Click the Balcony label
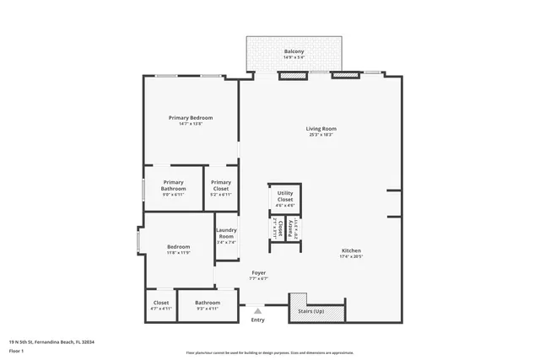pyautogui.click(x=294, y=52)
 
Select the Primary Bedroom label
pyautogui.click(x=190, y=117)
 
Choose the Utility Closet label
pyautogui.click(x=285, y=196)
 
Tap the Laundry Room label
pyautogui.click(x=225, y=233)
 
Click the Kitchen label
pyautogui.click(x=351, y=250)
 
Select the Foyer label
pyautogui.click(x=259, y=272)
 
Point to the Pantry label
pyautogui.click(x=291, y=228)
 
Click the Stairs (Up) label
pyautogui.click(x=310, y=311)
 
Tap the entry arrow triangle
pyautogui.click(x=257, y=310)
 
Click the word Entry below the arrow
pyautogui.click(x=257, y=320)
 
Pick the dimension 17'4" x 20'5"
pyautogui.click(x=351, y=256)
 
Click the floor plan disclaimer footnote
pyautogui.click(x=270, y=352)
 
